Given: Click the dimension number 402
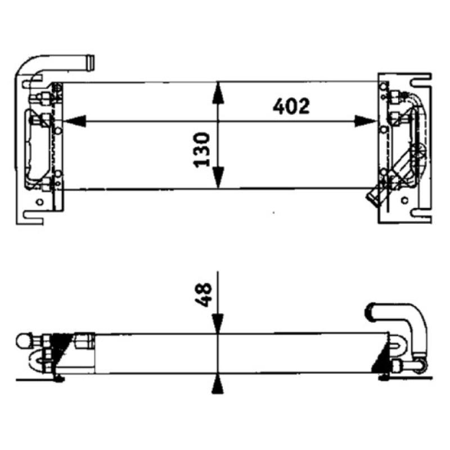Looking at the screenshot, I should (291, 106).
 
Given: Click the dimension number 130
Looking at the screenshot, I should (201, 150).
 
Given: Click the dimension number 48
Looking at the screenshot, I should (205, 294).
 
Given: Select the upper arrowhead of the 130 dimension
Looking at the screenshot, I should (218, 93).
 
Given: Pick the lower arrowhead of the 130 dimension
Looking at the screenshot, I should (218, 179).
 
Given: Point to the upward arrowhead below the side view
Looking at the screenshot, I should (218, 386).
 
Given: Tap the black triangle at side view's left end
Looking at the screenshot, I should (61, 343).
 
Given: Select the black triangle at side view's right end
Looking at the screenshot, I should (381, 359).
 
